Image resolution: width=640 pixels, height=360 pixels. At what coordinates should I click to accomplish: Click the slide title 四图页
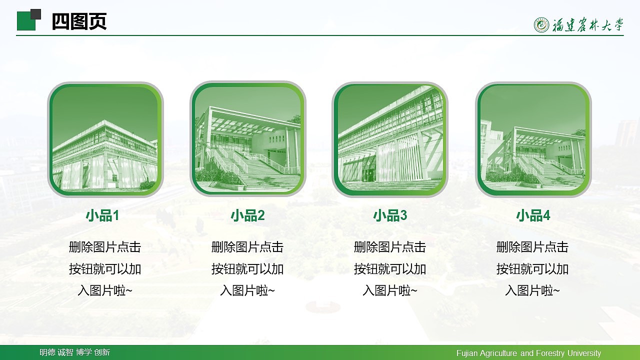point(79,22)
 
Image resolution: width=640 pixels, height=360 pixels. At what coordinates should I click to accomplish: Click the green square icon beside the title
point(27,21)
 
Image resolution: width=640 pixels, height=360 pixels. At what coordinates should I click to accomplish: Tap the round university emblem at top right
point(541,24)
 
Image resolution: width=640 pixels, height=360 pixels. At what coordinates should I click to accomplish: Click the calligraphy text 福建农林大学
point(588,25)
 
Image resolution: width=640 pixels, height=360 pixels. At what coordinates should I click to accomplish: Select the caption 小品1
point(102,215)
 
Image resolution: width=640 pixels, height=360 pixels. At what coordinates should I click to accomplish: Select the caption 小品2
point(247,215)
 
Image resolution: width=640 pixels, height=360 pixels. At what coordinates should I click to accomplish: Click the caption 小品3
point(390,215)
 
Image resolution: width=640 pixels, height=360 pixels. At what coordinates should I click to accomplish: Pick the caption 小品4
point(533,215)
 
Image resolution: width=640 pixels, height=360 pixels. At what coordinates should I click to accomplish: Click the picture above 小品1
point(105,139)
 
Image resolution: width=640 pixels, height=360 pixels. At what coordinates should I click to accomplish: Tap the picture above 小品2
point(248,139)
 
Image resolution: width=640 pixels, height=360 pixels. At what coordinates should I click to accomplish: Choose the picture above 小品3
point(390,139)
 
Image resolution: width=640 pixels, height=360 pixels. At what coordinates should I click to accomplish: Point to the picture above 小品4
point(533,139)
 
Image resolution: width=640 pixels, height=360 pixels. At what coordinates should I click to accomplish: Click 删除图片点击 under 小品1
point(105,247)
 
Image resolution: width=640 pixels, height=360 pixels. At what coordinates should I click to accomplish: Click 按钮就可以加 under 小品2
point(247,269)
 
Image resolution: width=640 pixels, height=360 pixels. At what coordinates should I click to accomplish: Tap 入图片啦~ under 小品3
point(390,290)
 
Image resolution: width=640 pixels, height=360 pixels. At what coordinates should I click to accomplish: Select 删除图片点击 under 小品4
point(532,247)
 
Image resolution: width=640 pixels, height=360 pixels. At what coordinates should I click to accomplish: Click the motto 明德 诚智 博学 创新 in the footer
point(75,352)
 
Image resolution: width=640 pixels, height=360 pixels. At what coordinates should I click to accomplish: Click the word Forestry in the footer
point(550,353)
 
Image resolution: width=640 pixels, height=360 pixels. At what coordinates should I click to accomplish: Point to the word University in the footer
point(584,353)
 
